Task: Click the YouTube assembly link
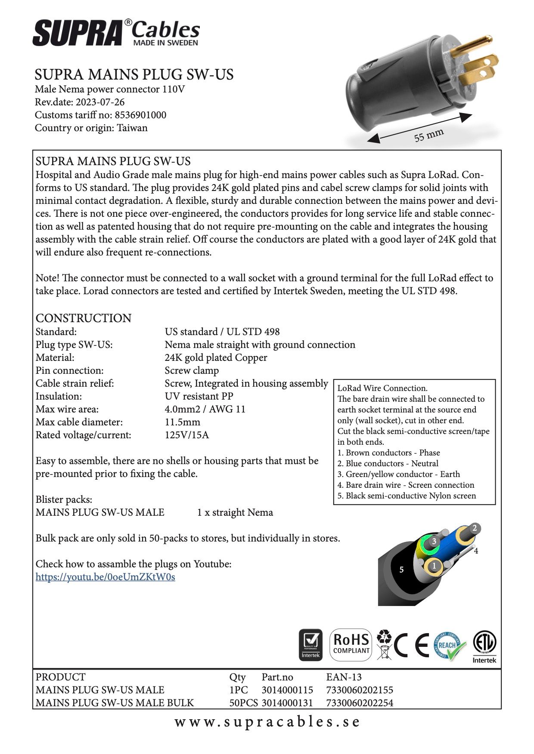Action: (105, 577)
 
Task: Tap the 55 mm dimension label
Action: (428, 135)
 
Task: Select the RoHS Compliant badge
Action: (351, 644)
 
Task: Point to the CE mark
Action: (411, 645)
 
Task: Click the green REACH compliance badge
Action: (450, 645)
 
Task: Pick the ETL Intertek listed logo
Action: (484, 646)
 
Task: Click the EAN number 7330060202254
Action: (360, 703)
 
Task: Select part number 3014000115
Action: (287, 690)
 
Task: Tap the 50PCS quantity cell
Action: (243, 703)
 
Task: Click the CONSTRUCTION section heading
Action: (84, 318)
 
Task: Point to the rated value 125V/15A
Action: (186, 435)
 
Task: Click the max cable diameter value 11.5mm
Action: (182, 422)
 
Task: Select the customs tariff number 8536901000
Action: (140, 115)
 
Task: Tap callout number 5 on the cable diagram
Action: (401, 569)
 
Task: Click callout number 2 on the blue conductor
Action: (475, 528)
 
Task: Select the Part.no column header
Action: (277, 677)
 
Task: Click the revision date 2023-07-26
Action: (100, 102)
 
